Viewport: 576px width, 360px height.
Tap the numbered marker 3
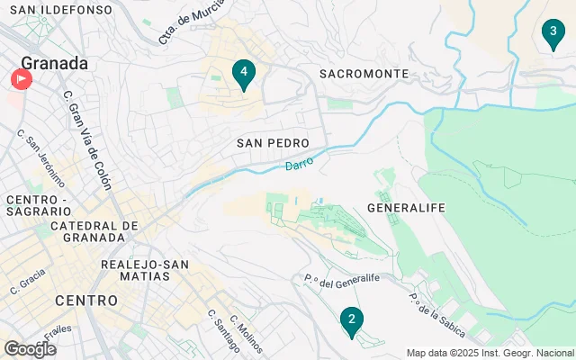coord(552,35)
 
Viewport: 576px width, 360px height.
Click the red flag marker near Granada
coord(21,79)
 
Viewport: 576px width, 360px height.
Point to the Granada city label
coord(55,63)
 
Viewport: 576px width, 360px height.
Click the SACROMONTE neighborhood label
coord(364,74)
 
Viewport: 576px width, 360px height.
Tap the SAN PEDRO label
coord(273,143)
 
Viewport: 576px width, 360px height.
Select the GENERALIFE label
coord(407,208)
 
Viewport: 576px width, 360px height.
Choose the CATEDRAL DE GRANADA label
coord(94,231)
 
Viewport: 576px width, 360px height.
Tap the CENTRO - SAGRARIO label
coord(36,205)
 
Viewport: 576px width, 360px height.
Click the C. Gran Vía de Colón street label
coord(88,139)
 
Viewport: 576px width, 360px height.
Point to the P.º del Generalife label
coord(341,282)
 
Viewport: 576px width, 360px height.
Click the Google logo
coord(30,348)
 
